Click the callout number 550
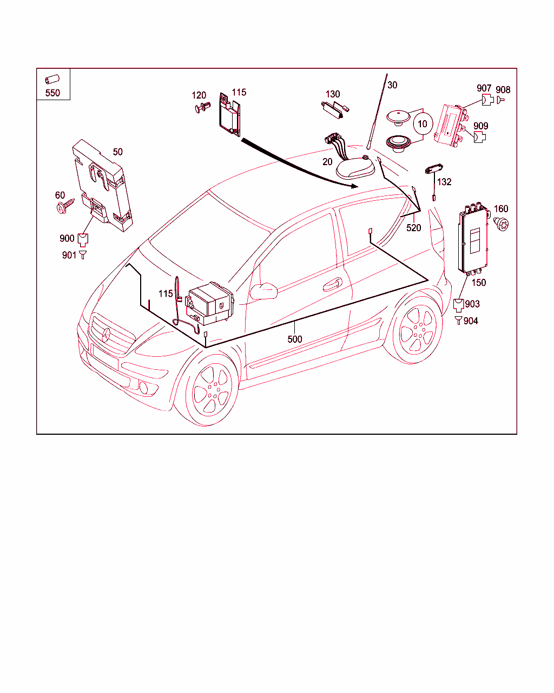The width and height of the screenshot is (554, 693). click(x=52, y=93)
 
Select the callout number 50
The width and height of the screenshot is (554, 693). click(x=117, y=152)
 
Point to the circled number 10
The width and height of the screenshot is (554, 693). click(x=423, y=124)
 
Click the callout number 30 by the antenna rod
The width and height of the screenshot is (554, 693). click(x=392, y=85)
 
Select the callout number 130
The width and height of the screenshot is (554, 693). click(x=333, y=94)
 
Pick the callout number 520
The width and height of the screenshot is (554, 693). click(x=413, y=228)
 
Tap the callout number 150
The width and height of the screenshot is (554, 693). click(x=479, y=283)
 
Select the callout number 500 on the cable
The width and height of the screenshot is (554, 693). click(x=295, y=339)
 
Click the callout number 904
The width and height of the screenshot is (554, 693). click(x=471, y=321)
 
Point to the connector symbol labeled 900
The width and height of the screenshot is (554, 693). click(x=83, y=238)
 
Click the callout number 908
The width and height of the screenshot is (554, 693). click(x=503, y=90)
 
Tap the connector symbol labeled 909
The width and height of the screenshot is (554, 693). click(x=479, y=137)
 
